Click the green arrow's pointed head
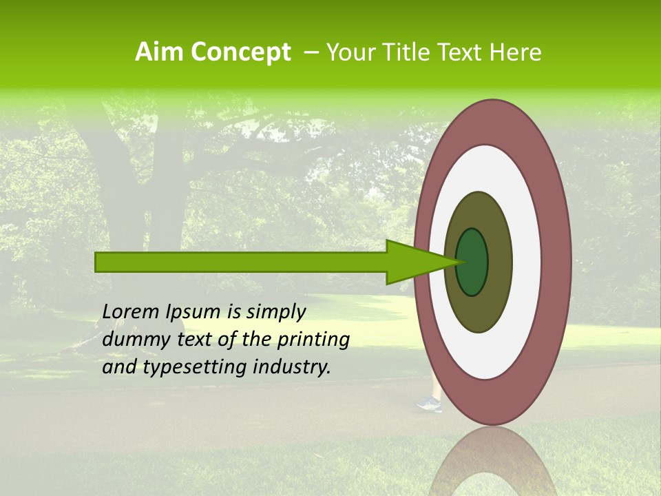[x=413, y=262]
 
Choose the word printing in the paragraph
[x=313, y=340]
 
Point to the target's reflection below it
[x=493, y=462]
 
